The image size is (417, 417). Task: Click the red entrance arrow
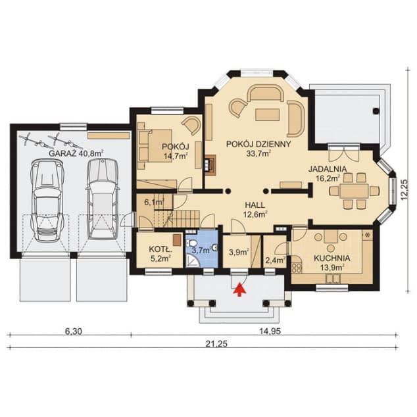coord(240,289)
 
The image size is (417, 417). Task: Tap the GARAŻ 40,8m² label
coord(76,153)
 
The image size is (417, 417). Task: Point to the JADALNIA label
coord(328,168)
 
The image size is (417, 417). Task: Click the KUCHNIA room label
coord(332,258)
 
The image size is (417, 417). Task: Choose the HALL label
coord(255,205)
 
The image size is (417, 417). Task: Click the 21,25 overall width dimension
coord(216,344)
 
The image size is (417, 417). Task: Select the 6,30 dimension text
coord(74,331)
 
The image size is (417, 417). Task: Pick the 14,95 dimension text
coord(270,331)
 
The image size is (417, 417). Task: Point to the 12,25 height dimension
coord(405,189)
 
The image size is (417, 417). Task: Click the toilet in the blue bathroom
coord(192,243)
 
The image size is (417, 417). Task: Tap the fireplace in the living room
coord(209,165)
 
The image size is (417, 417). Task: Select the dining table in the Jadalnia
coord(355,191)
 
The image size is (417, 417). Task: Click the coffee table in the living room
coord(267,114)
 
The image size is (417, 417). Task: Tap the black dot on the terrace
coord(376,111)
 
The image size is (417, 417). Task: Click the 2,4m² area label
coord(276,260)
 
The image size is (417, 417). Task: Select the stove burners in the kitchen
coord(297,268)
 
